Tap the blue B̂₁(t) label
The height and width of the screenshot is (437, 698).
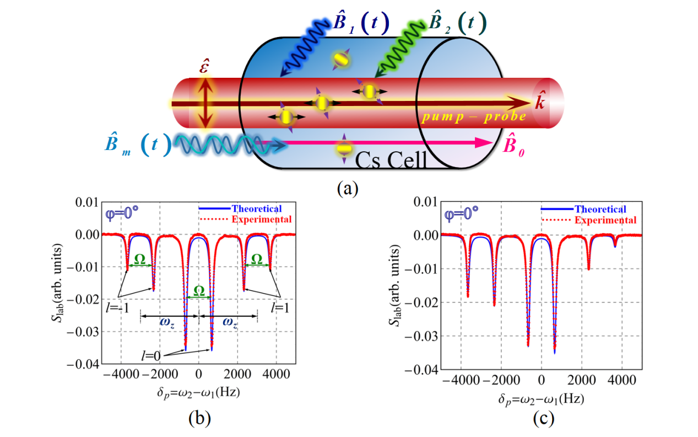click(356, 24)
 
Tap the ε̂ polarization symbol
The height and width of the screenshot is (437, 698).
click(204, 71)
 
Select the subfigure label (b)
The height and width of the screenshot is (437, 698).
click(199, 419)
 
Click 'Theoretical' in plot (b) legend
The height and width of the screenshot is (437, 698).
click(257, 209)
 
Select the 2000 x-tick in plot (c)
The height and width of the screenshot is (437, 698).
click(581, 380)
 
